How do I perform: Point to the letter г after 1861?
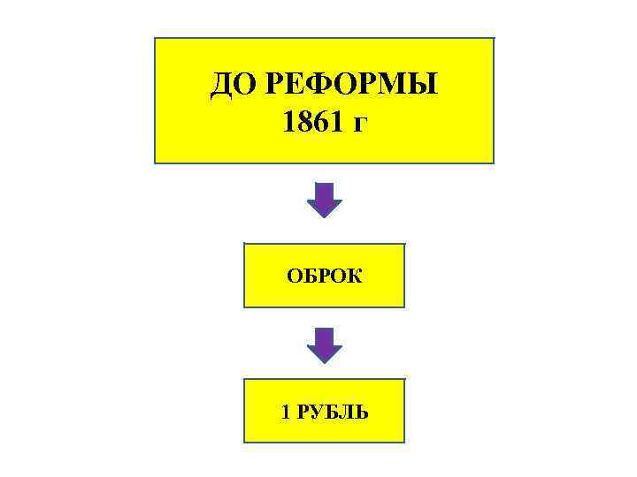coord(359,124)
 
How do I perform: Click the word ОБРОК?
coord(324,276)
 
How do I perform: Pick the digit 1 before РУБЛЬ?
coord(285,412)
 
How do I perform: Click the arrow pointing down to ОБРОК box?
coord(324,201)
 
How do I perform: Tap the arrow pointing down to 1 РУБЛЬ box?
coord(324,344)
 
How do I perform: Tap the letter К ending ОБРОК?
coord(355,276)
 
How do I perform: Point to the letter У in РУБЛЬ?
coord(317,412)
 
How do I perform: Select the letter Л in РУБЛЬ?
coord(348,412)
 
